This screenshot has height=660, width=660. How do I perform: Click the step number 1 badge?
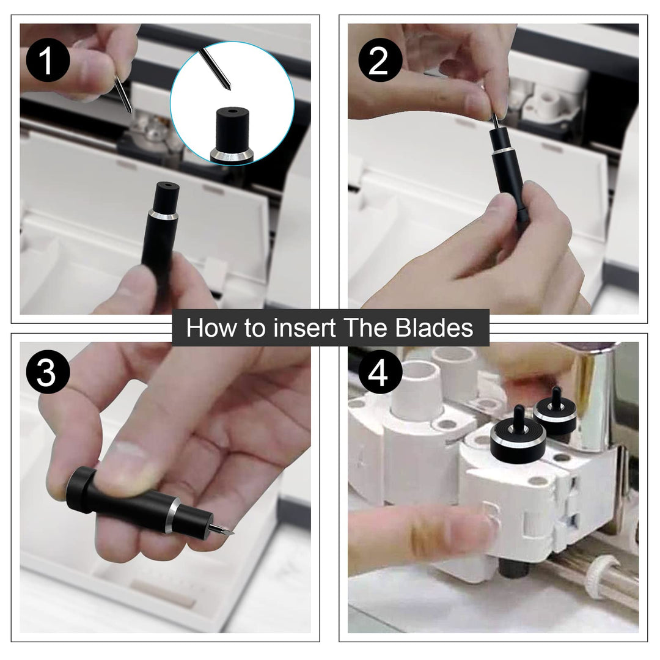48,60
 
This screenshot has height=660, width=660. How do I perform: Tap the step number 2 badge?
380,60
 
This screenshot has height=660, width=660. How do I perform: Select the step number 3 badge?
48,372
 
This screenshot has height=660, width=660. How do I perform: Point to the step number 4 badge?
380,372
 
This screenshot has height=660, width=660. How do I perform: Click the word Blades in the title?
435,328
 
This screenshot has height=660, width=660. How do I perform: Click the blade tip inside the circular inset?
229,87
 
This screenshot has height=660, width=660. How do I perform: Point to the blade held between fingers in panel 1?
123,95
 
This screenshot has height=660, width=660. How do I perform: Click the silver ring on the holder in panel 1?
163,216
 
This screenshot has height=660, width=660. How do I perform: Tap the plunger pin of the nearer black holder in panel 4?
518,417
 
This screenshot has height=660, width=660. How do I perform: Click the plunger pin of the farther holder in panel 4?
556,396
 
